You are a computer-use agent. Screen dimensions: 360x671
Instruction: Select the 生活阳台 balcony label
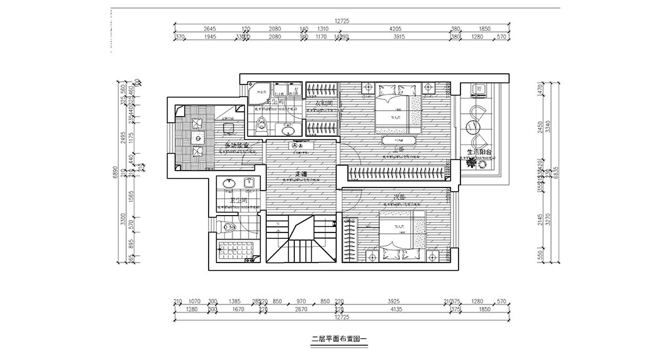(480, 151)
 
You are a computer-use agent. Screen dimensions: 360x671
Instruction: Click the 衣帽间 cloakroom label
(322, 103)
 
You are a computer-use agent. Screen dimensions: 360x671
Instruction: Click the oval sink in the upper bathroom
(287, 131)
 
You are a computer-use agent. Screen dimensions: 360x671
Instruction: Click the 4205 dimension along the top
(395, 29)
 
